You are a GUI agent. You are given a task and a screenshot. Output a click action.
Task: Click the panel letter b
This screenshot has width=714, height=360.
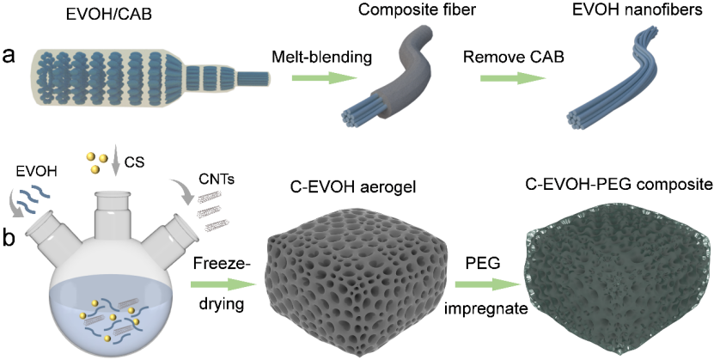[9, 236]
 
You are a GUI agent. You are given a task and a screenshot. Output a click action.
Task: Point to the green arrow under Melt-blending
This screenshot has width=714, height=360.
[321, 82]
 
